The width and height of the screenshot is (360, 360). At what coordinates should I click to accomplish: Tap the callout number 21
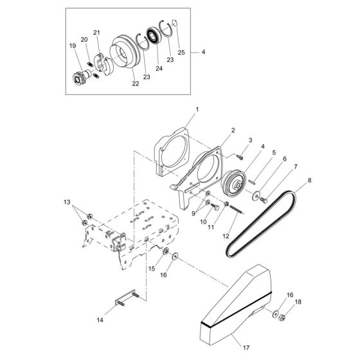pyautogui.click(x=96, y=33)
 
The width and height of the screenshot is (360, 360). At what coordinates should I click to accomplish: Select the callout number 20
pyautogui.click(x=84, y=39)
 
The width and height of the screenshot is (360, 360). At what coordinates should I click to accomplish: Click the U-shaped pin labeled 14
pyautogui.click(x=127, y=301)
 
